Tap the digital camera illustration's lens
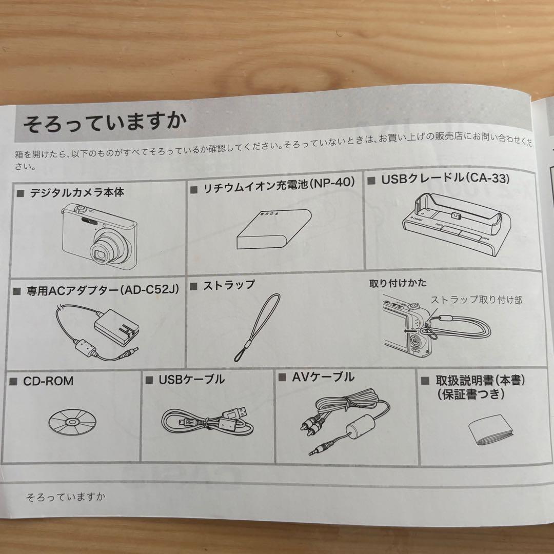coord(103,251)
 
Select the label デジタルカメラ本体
coord(76,193)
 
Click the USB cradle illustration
coord(457,226)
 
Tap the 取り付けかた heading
coord(398,283)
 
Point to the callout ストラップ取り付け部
coord(476,300)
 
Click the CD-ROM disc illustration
coord(72,422)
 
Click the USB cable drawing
coord(208,421)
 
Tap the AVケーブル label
coord(323,378)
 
